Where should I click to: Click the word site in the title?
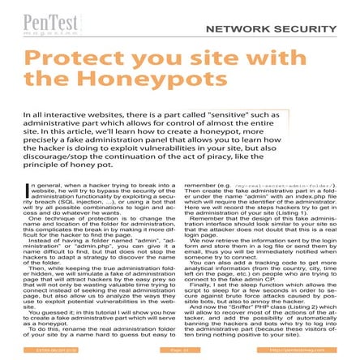227,61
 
